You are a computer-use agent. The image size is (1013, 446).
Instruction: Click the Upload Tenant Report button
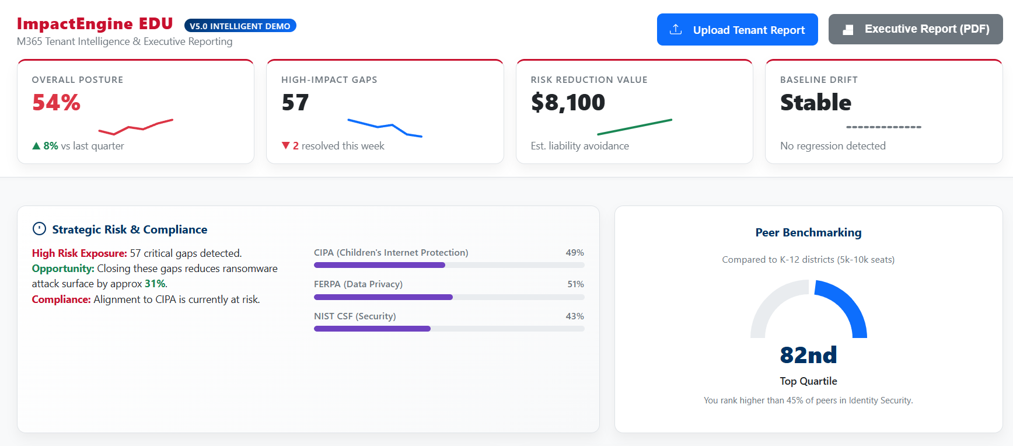click(x=737, y=30)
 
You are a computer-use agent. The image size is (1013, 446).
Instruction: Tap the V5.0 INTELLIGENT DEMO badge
click(x=240, y=26)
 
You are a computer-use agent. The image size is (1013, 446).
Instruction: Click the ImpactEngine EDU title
click(x=95, y=23)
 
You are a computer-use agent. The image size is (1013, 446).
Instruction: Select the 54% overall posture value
click(x=56, y=103)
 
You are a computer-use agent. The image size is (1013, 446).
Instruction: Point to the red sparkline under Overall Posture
click(x=135, y=127)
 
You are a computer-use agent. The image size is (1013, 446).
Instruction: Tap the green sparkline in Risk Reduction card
click(x=634, y=127)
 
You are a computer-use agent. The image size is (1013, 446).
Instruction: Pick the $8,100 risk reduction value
click(x=568, y=103)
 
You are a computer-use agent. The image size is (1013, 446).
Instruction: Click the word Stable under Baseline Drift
click(x=815, y=103)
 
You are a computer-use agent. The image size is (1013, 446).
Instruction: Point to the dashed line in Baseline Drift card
click(x=883, y=127)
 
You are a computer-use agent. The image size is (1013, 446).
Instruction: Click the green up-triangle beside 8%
click(x=36, y=146)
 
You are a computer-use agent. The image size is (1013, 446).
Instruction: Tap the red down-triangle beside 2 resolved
click(x=285, y=145)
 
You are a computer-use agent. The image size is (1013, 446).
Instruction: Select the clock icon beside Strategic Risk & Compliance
click(x=39, y=229)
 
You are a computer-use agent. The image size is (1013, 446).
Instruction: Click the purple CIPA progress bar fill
click(x=379, y=265)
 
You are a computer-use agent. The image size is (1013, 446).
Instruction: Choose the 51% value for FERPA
click(x=575, y=284)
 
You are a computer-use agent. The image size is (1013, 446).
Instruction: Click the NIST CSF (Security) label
click(x=355, y=316)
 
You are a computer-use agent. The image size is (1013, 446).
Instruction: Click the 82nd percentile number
click(x=808, y=355)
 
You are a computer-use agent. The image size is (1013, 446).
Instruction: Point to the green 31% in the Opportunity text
click(x=155, y=284)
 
